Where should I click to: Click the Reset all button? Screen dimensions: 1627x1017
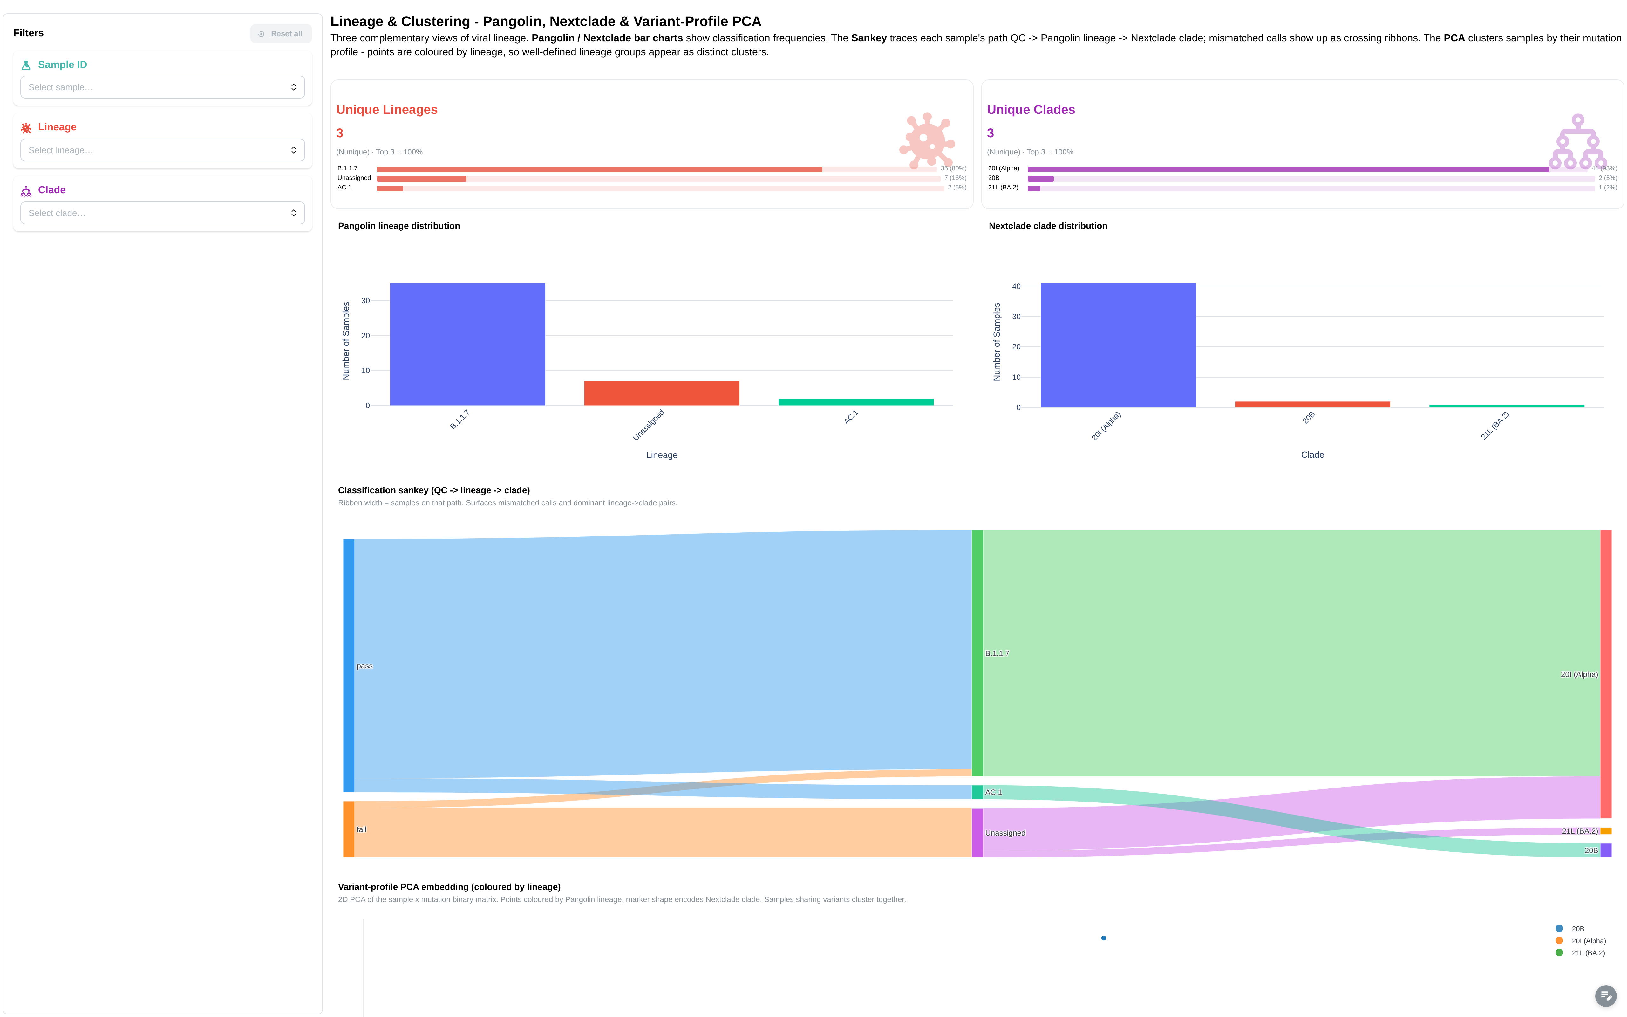pos(281,34)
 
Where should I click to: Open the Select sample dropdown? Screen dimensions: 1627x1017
pos(163,87)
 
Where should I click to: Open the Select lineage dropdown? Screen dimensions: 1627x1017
pos(163,150)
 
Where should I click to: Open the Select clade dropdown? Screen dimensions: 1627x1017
pos(163,213)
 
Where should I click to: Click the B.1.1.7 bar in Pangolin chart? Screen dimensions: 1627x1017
pos(467,345)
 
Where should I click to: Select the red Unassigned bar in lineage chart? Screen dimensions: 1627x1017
pos(662,393)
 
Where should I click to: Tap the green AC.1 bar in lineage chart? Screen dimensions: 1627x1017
pos(856,402)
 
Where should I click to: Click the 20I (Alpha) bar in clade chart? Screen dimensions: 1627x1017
pos(1118,345)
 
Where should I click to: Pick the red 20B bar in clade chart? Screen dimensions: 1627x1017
pos(1312,404)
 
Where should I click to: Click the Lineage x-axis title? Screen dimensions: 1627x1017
pos(662,455)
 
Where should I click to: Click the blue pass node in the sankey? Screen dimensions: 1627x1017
pos(349,665)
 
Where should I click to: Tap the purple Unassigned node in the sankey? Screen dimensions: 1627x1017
pos(977,833)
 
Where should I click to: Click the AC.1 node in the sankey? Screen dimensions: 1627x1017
pos(977,792)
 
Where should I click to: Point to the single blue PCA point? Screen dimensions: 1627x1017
pos(1103,938)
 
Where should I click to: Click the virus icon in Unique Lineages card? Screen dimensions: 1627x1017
pos(927,140)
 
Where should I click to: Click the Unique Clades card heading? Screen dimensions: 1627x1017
pos(1031,110)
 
